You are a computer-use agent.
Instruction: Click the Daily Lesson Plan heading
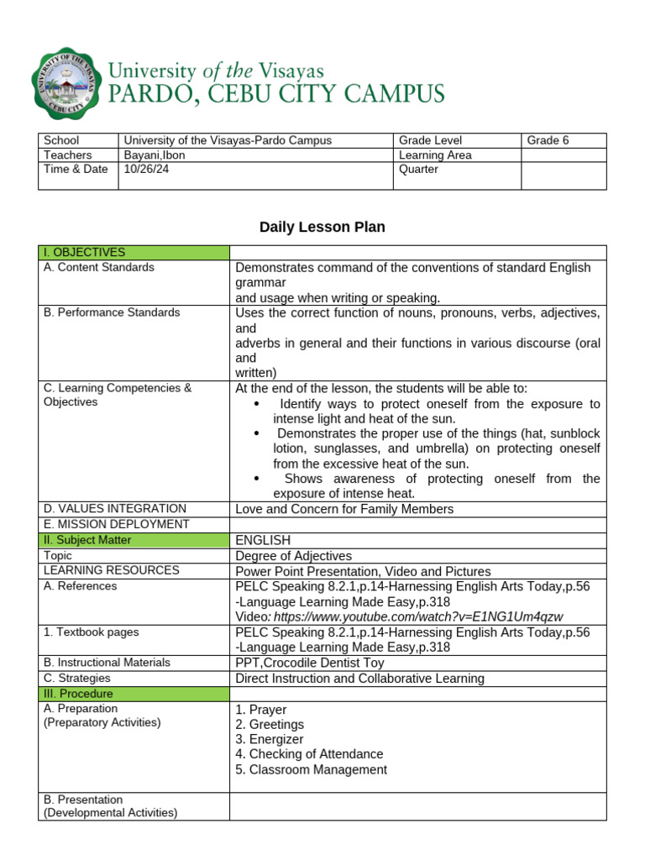(x=322, y=227)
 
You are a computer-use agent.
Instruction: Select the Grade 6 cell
(x=548, y=140)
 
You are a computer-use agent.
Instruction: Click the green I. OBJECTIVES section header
(x=134, y=252)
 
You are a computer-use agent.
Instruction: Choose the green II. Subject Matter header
(x=134, y=540)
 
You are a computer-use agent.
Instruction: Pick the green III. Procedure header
(x=134, y=694)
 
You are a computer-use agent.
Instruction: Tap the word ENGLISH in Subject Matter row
(x=263, y=540)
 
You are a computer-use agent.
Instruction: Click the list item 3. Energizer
(x=270, y=739)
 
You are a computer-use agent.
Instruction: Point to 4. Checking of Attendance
(x=309, y=754)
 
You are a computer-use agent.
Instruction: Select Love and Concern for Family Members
(x=344, y=509)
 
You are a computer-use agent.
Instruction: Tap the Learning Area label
(x=435, y=155)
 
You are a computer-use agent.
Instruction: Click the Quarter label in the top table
(x=418, y=169)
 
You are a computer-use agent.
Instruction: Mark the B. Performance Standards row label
(x=112, y=312)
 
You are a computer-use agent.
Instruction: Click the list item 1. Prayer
(x=261, y=710)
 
